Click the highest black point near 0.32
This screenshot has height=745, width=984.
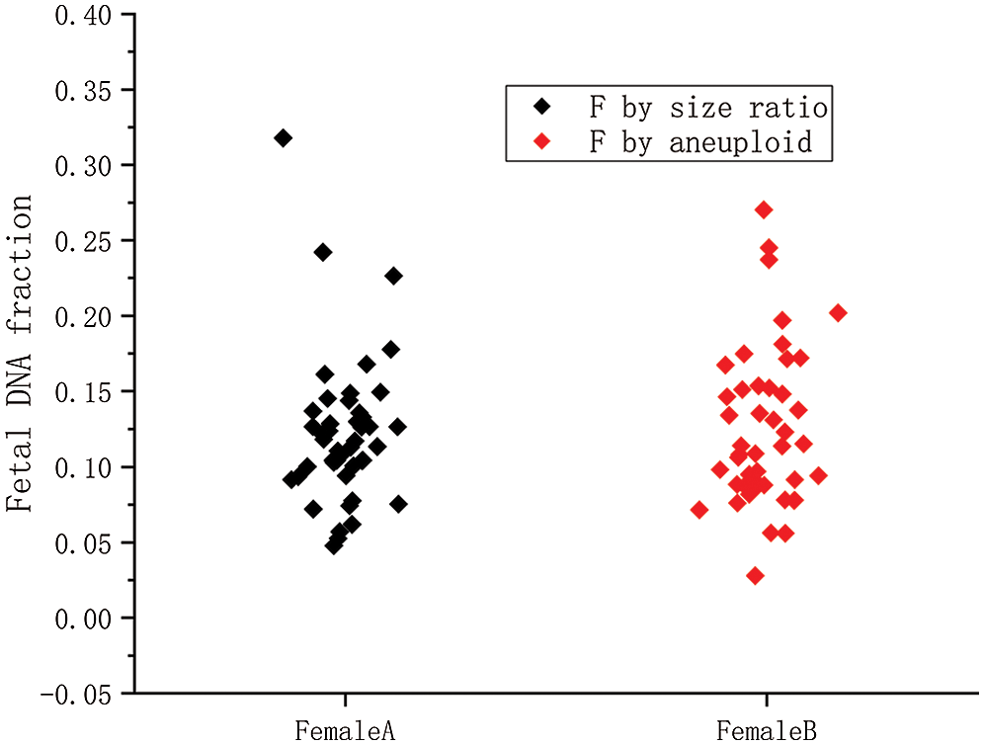click(284, 138)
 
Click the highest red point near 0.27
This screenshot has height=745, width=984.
click(764, 209)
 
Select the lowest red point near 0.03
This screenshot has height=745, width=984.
click(756, 575)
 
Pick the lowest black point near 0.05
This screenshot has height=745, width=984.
click(334, 544)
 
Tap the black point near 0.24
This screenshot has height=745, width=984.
click(323, 252)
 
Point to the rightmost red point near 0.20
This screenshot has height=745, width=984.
click(839, 312)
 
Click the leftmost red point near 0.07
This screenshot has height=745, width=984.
click(699, 510)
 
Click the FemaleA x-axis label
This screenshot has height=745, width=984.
click(345, 731)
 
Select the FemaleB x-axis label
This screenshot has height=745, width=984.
click(767, 731)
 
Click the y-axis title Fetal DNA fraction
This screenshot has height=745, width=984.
click(21, 353)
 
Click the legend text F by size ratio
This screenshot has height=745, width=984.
click(707, 106)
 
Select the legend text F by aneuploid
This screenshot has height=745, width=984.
click(700, 142)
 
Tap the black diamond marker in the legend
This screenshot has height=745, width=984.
click(540, 106)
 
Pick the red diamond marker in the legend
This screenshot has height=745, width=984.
click(540, 142)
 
